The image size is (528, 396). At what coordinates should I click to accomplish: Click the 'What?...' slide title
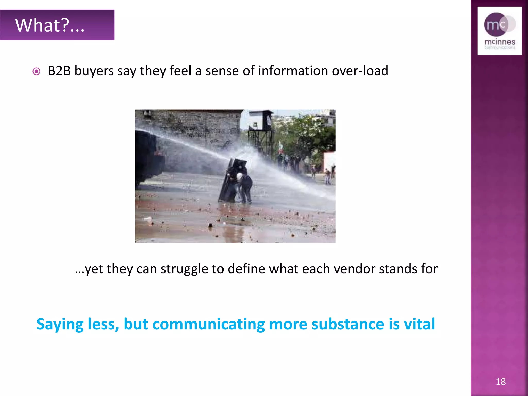click(50, 25)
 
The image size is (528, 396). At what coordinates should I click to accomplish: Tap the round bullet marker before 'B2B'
click(37, 71)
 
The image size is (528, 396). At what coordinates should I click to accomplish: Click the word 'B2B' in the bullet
click(59, 71)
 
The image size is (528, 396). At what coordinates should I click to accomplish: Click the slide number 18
click(500, 382)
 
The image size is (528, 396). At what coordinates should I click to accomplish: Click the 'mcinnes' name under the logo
click(500, 42)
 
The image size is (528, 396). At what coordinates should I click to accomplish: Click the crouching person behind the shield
click(245, 187)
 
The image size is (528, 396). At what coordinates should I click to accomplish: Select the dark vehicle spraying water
click(148, 157)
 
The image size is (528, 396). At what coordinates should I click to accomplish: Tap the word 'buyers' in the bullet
click(94, 71)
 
